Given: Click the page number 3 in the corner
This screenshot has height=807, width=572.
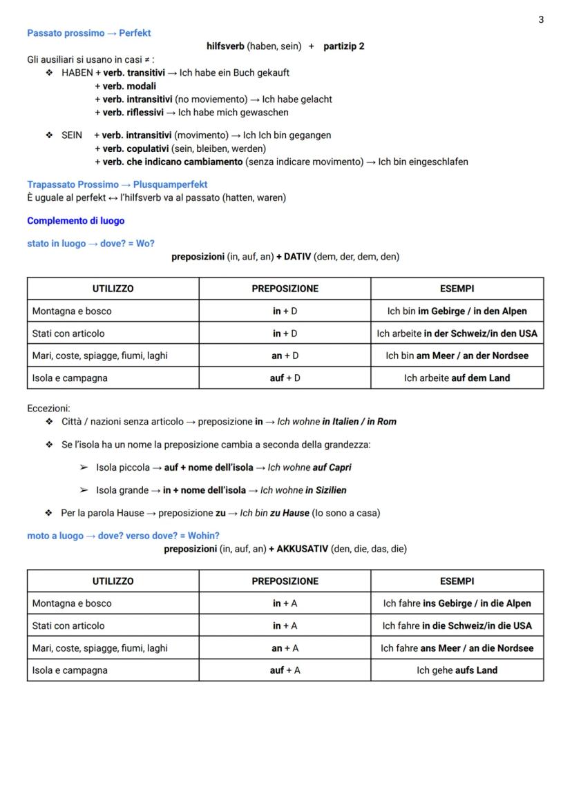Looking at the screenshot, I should point(541,19).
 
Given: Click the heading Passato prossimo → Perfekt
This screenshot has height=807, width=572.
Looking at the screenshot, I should point(88,33).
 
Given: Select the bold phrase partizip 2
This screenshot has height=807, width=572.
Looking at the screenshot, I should point(344,46).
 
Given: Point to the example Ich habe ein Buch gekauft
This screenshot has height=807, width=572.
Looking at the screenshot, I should point(234,72).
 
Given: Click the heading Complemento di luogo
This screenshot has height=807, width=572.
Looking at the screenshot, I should point(76,221).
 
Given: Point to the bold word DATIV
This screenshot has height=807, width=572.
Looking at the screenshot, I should point(297,257).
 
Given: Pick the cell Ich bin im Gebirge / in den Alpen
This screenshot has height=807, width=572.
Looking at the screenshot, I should point(457,311).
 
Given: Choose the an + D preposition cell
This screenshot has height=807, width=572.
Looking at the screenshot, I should point(285,356).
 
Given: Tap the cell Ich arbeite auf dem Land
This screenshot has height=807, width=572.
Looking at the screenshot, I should point(457,378).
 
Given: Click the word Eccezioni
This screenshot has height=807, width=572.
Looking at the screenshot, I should point(48,408).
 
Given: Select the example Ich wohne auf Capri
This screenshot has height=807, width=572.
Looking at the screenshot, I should point(309,467).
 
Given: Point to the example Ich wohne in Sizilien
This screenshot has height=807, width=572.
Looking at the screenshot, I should point(303,490).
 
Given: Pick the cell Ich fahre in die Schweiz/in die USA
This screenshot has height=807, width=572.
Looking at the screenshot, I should point(457,626).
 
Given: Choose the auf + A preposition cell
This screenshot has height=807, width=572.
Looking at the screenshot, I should point(285,670).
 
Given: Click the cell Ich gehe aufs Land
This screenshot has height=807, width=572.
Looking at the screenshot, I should point(457,670).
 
